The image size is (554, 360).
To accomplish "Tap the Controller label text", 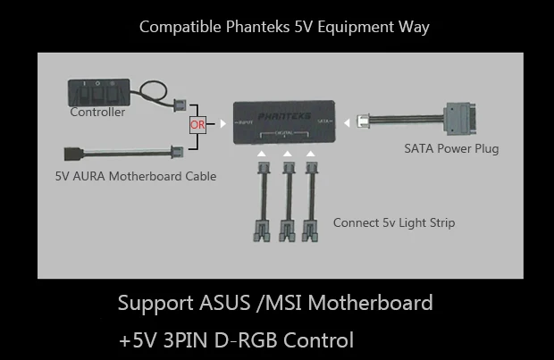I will point(97,113).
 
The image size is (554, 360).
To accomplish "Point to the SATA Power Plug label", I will point(451,148).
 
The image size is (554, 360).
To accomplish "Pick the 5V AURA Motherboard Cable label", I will point(136,176).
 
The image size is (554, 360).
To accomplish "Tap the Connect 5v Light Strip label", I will point(393,222).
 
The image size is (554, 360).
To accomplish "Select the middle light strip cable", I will point(288,202).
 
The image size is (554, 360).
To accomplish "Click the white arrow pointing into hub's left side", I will point(222,124).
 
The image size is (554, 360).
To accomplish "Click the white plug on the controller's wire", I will point(179,104).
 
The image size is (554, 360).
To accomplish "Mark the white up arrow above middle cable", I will point(288,155).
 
